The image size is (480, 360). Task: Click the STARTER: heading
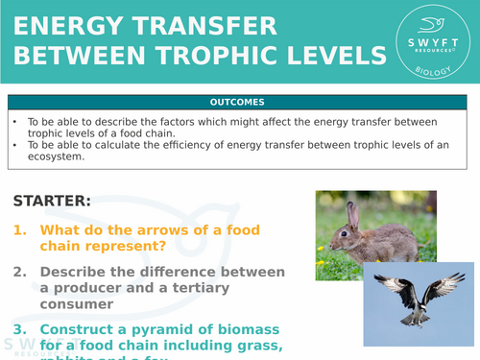point(52,201)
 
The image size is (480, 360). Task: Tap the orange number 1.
point(20,230)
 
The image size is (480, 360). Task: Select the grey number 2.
point(20,272)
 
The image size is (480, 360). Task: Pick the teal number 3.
point(20,329)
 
